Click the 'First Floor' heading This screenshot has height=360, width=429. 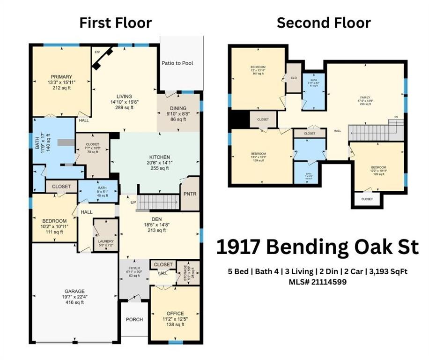pos(115,22)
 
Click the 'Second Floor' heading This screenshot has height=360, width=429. pos(324,22)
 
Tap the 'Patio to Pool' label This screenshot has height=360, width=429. pos(177,63)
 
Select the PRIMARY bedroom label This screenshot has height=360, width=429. pos(62,77)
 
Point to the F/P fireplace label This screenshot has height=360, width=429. pos(98,52)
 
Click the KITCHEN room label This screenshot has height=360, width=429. pos(159,157)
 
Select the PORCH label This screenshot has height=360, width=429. pos(134,320)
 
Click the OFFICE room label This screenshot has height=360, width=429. pos(175,314)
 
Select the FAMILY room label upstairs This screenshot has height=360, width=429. pos(364,97)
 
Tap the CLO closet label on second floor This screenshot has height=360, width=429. pos(294,78)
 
